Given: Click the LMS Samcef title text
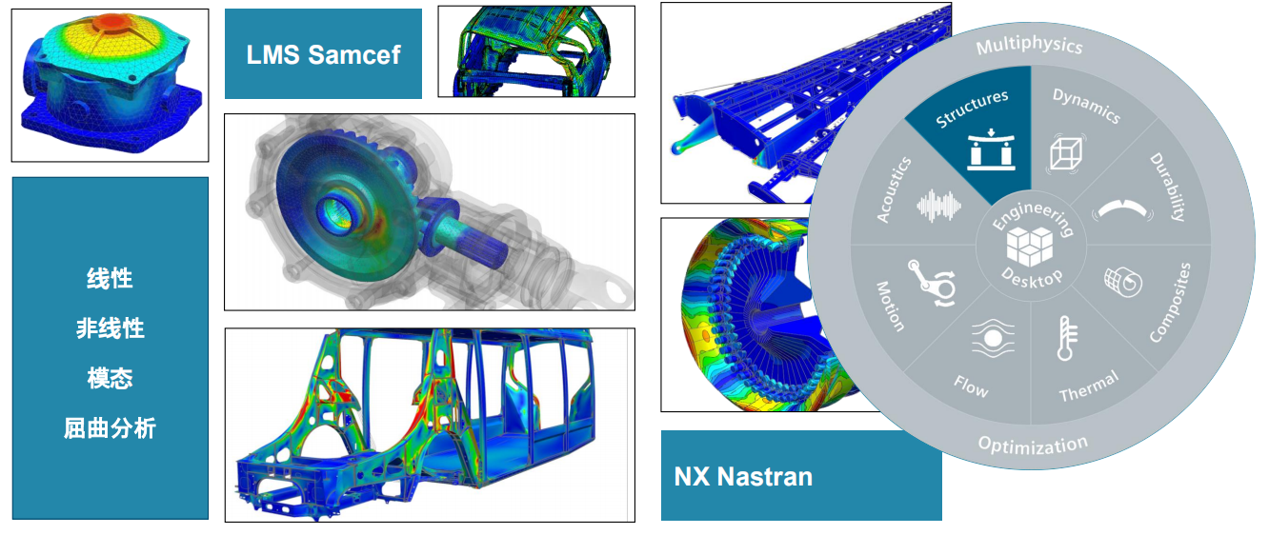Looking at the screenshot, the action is tap(324, 55).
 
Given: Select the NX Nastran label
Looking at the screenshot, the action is tap(743, 477).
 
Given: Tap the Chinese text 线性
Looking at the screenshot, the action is tap(110, 279).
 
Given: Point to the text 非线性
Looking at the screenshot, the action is tap(110, 328).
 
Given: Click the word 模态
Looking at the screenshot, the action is tap(110, 378).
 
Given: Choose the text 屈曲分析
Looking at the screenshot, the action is tap(110, 428).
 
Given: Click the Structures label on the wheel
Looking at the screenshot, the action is tap(972, 109).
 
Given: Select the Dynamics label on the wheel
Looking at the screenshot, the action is tap(1086, 106).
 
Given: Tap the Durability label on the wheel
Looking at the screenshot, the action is tap(1168, 187).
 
